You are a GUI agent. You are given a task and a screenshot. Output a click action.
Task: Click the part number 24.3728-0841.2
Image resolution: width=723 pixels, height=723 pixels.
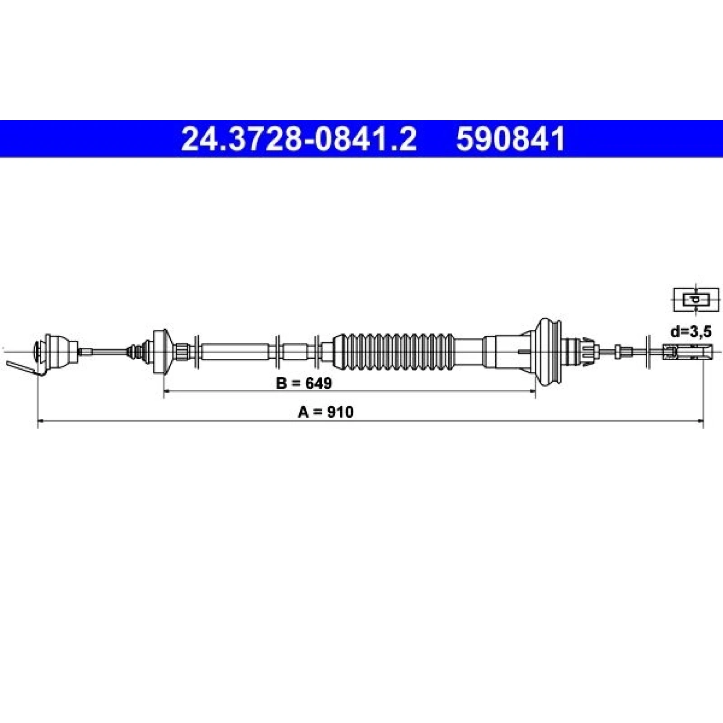click(x=298, y=139)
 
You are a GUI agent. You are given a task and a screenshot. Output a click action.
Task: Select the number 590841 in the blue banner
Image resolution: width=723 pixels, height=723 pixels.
click(x=511, y=139)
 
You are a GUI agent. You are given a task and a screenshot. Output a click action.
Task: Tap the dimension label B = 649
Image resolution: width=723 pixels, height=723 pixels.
click(x=304, y=383)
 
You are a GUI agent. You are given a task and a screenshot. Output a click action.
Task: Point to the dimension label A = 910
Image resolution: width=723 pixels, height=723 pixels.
click(x=326, y=412)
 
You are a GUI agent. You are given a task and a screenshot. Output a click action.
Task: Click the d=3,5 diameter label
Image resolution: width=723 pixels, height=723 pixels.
click(x=691, y=332)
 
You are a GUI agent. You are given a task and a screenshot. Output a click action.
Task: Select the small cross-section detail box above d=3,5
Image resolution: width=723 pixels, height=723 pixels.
click(x=696, y=299)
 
